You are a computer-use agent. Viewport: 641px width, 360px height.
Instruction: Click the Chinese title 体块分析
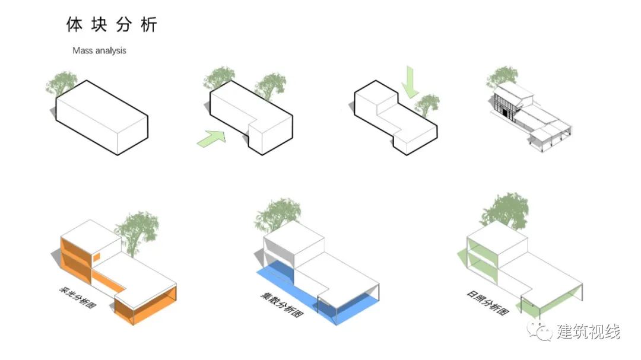(112, 24)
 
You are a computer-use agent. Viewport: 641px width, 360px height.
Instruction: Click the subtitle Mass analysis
(99, 50)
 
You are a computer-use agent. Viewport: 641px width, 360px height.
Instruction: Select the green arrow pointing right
(211, 138)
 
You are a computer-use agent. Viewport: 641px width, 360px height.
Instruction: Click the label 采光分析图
(77, 297)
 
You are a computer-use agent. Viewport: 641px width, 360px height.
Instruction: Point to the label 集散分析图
(282, 305)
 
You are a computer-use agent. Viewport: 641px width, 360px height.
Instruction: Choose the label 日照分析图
(488, 302)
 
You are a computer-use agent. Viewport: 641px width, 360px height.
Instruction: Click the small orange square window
(97, 257)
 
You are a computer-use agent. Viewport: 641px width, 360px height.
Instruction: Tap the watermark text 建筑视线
(588, 331)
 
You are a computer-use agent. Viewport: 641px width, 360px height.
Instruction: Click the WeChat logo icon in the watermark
(540, 330)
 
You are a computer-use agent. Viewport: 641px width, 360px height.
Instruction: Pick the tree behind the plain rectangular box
(61, 83)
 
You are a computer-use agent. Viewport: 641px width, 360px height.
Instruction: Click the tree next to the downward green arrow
(427, 105)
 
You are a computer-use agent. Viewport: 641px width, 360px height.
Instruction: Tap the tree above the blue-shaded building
(278, 215)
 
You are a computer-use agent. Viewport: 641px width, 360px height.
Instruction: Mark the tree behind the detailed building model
(502, 77)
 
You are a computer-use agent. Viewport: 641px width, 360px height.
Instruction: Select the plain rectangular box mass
(102, 117)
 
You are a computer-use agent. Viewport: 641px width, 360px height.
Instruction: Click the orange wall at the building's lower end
(145, 305)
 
